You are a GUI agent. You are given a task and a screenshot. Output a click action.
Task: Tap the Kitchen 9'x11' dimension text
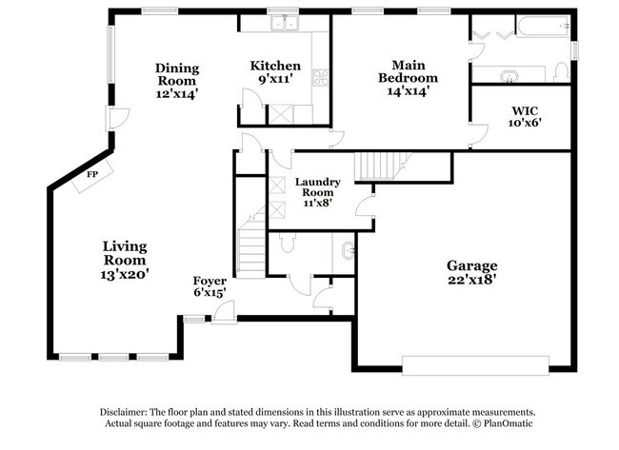(x=276, y=80)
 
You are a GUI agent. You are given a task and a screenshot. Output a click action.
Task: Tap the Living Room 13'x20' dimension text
(x=126, y=274)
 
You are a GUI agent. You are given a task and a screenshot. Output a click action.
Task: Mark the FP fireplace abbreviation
(x=92, y=175)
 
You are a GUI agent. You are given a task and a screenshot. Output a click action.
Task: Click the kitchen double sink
(x=283, y=24)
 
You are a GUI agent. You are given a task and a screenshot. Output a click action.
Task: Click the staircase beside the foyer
(x=250, y=244)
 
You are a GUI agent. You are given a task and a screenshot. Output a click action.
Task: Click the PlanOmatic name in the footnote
(x=493, y=422)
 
